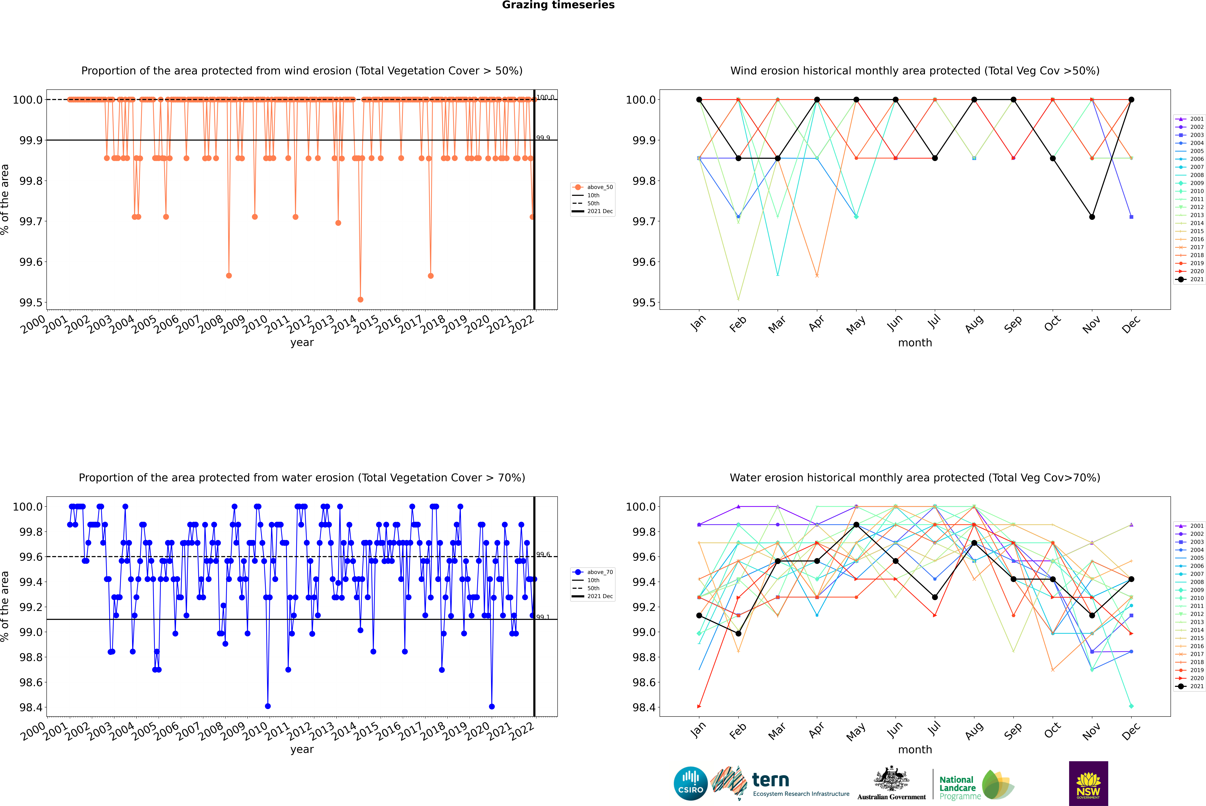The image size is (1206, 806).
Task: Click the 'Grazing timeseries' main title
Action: tap(558, 5)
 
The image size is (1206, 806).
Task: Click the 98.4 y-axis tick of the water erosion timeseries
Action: tap(31, 707)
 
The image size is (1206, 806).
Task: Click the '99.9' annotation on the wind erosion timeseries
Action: tap(543, 138)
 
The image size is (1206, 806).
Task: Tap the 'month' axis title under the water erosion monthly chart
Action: tap(914, 749)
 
